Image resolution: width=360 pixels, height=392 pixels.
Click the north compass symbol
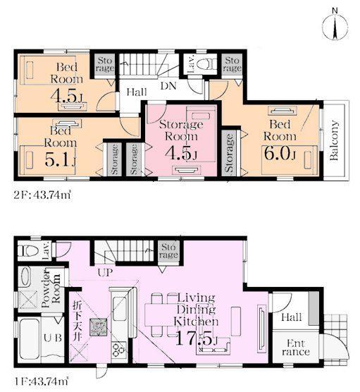click(x=335, y=26)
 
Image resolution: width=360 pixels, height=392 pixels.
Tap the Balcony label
click(x=334, y=140)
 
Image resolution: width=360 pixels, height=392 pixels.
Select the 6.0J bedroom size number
click(x=280, y=153)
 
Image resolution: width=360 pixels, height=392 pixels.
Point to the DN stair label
click(x=168, y=86)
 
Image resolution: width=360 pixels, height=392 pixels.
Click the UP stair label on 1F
click(x=105, y=272)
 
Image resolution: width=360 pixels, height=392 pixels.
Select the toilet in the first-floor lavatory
click(x=29, y=250)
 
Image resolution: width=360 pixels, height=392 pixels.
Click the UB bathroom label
click(x=53, y=338)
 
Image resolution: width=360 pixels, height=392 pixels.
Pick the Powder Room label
click(x=51, y=288)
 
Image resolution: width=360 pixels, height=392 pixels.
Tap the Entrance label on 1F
click(x=296, y=348)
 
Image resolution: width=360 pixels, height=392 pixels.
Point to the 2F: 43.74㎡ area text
click(x=42, y=195)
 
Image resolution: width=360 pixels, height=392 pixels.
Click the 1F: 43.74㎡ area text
click(x=42, y=381)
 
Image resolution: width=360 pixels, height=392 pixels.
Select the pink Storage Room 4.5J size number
click(x=181, y=153)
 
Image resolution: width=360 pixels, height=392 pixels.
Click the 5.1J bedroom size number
click(x=60, y=159)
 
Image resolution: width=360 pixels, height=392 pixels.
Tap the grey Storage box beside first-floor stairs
click(x=168, y=251)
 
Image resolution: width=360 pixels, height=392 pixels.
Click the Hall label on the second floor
click(x=137, y=92)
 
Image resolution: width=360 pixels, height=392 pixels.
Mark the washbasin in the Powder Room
click(x=26, y=276)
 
